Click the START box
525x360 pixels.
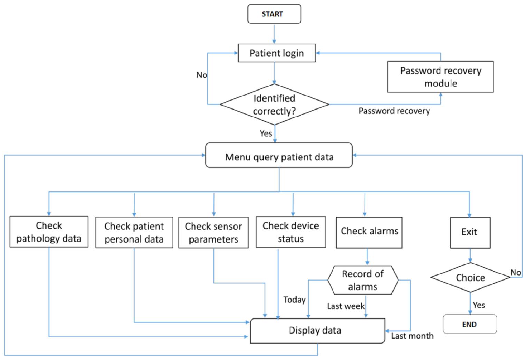[x=274, y=14]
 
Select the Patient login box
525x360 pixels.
[x=276, y=53]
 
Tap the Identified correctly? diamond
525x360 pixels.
[x=274, y=104]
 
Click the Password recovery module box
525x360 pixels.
[x=440, y=77]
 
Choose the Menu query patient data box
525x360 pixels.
[x=279, y=155]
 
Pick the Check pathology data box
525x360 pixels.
[x=49, y=232]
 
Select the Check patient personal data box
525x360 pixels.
[x=134, y=232]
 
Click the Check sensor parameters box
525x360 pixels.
[x=213, y=232]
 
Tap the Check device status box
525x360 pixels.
[x=291, y=232]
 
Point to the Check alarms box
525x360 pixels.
[x=369, y=232]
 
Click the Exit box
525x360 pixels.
[x=470, y=232]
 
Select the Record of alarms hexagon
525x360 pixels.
[x=363, y=280]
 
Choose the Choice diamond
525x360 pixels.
[x=470, y=278]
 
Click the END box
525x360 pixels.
[x=470, y=324]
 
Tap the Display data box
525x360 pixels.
[x=318, y=331]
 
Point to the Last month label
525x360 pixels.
[x=412, y=336]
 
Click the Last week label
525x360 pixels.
[x=346, y=306]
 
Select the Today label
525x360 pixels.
[x=295, y=300]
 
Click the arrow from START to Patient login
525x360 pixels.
[x=274, y=34]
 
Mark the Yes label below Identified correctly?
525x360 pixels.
[x=266, y=133]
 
